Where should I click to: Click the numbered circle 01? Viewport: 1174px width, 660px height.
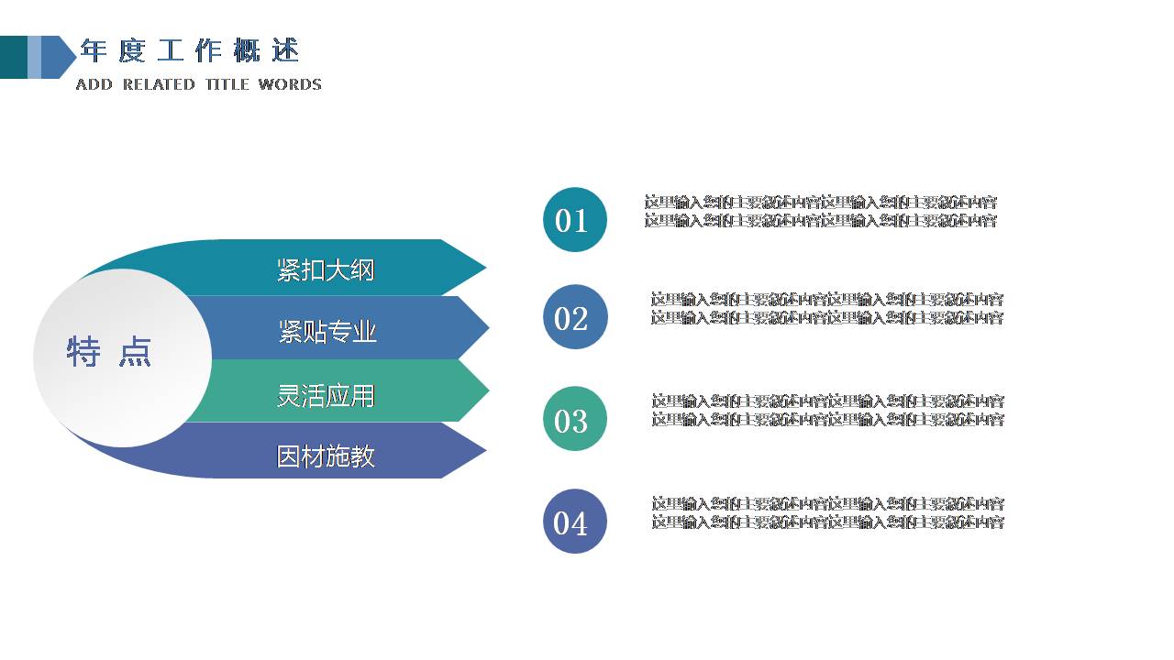click(575, 220)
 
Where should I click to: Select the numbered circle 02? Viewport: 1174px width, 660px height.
click(575, 317)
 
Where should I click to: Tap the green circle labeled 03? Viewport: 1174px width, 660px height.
click(575, 419)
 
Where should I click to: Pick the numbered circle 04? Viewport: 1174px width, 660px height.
click(575, 522)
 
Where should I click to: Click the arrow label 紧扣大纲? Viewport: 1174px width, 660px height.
click(326, 270)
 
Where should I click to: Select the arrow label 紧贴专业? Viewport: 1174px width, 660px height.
click(327, 332)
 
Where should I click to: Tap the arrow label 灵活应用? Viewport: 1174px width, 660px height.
click(326, 395)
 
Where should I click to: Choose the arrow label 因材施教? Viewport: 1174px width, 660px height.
click(326, 456)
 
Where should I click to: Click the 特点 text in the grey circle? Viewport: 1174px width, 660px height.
click(109, 352)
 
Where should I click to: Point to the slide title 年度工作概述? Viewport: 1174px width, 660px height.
click(189, 51)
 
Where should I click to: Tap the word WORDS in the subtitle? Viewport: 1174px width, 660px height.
click(290, 84)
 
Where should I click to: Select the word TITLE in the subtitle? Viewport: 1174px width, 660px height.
click(227, 84)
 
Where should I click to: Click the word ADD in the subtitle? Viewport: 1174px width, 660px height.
click(94, 84)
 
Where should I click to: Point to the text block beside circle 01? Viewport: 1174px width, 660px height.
click(820, 212)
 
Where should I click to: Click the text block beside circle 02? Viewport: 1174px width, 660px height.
click(826, 309)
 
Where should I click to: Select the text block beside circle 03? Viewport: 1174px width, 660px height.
click(827, 411)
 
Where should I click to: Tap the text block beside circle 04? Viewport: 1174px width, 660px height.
click(827, 513)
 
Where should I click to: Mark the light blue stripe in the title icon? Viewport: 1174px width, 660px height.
click(34, 57)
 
